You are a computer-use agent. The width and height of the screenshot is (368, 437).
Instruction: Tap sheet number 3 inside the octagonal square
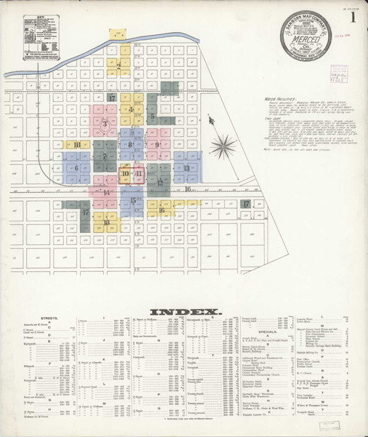pos(106,125)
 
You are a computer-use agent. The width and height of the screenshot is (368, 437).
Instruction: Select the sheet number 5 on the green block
pos(153,116)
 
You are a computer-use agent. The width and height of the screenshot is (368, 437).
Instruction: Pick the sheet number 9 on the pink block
pos(157,145)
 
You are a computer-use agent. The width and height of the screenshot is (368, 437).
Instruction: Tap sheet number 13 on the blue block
pos(186,168)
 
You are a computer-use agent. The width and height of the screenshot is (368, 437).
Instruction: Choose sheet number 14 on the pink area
pos(106,193)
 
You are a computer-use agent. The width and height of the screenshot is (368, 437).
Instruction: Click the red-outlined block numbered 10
pos(125,174)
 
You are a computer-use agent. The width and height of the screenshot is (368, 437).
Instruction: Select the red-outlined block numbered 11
pos(138,174)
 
